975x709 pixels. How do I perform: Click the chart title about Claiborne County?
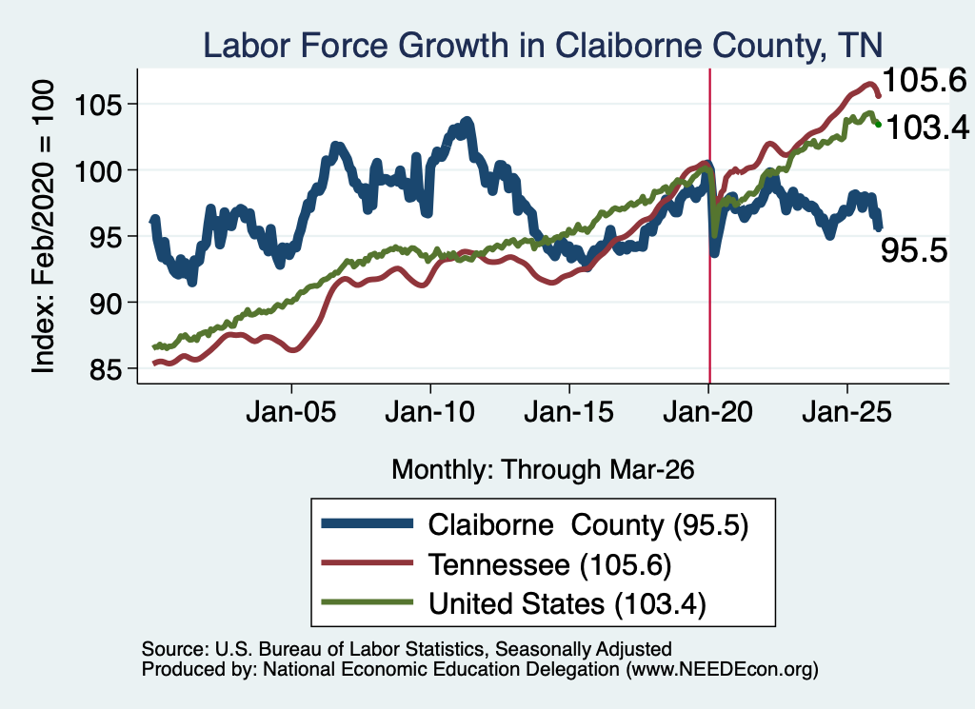click(x=542, y=46)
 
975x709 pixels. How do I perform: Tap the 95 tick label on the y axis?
click(x=104, y=237)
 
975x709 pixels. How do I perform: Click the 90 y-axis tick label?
click(x=104, y=304)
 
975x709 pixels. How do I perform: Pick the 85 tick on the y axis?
click(x=104, y=369)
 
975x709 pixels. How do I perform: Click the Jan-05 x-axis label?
click(x=291, y=412)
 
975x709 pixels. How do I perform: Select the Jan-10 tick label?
click(x=429, y=412)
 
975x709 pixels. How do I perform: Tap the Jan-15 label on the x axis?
click(x=569, y=412)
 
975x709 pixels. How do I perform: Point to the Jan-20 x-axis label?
click(x=707, y=412)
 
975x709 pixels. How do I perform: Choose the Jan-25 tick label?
click(x=846, y=412)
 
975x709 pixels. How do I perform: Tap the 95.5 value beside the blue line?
click(x=914, y=251)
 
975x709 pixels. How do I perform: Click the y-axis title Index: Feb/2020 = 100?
click(x=44, y=226)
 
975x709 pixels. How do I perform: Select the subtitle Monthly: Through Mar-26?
click(x=543, y=470)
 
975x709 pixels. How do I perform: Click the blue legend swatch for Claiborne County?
click(x=367, y=523)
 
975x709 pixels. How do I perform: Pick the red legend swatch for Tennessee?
click(x=367, y=563)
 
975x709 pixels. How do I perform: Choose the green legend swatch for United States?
click(x=367, y=601)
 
